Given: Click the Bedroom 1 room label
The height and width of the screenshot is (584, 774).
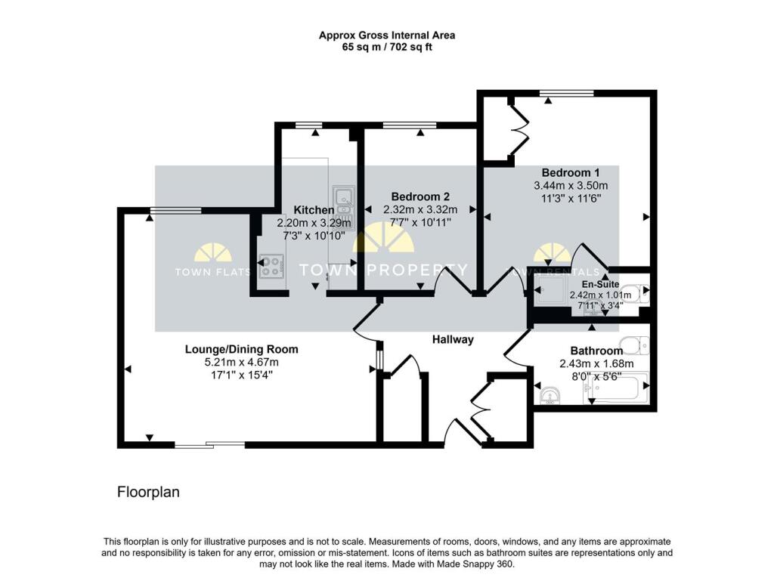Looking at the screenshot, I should pyautogui.click(x=571, y=172).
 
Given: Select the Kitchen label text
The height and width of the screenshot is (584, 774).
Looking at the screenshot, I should pyautogui.click(x=313, y=210).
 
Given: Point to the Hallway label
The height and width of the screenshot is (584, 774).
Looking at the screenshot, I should pyautogui.click(x=453, y=339).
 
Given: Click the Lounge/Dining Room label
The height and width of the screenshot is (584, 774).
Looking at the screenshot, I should pyautogui.click(x=242, y=349).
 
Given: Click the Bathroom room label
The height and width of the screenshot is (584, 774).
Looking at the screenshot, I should pyautogui.click(x=596, y=351).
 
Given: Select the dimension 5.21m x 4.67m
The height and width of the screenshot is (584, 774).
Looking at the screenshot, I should pyautogui.click(x=242, y=362).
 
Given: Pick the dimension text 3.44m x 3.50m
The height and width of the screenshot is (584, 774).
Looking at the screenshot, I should pyautogui.click(x=571, y=185).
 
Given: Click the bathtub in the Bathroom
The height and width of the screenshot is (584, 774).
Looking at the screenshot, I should pyautogui.click(x=620, y=387).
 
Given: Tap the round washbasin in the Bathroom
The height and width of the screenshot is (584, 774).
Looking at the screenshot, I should pyautogui.click(x=550, y=394).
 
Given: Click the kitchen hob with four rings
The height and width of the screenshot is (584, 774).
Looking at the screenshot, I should pyautogui.click(x=271, y=266).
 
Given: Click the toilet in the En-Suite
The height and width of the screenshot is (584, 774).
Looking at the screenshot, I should pyautogui.click(x=639, y=292).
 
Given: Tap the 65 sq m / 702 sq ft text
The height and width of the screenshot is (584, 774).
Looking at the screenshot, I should pyautogui.click(x=386, y=47).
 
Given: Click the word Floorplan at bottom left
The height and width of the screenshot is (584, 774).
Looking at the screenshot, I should pyautogui.click(x=148, y=492).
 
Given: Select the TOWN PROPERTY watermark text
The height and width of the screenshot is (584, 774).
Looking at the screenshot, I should pyautogui.click(x=383, y=270).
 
